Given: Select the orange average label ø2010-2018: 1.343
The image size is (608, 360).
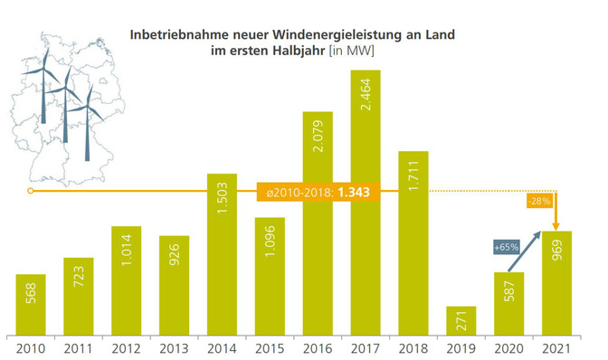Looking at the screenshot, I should click(316, 192).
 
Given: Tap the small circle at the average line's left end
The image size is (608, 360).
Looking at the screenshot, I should click(30, 192).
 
